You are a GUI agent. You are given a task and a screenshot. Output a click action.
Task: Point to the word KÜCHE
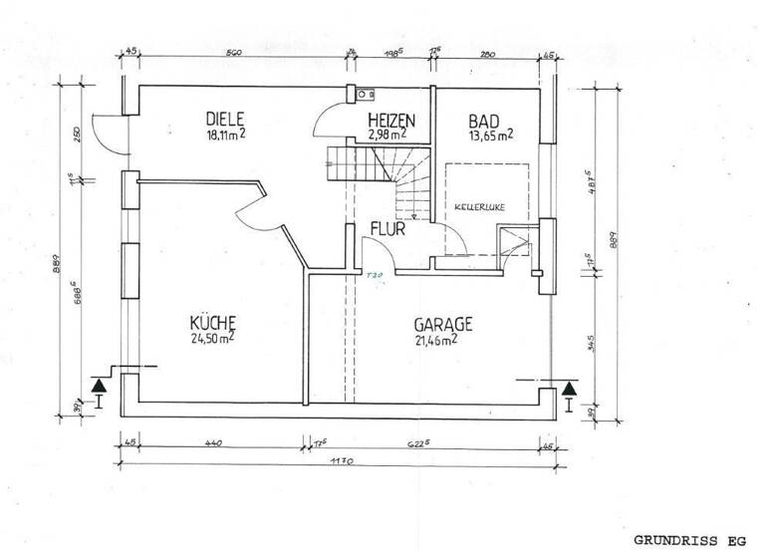pyautogui.click(x=212, y=323)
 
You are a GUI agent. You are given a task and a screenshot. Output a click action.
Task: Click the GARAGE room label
pyautogui.click(x=443, y=324)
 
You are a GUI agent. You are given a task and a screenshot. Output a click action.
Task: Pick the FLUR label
pyautogui.click(x=386, y=229)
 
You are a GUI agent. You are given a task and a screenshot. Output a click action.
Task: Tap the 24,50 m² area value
pyautogui.click(x=212, y=338)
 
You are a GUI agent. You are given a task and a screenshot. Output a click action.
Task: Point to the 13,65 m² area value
pyautogui.click(x=491, y=135)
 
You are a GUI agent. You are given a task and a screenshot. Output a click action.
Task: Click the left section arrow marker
pyautogui.click(x=99, y=389)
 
